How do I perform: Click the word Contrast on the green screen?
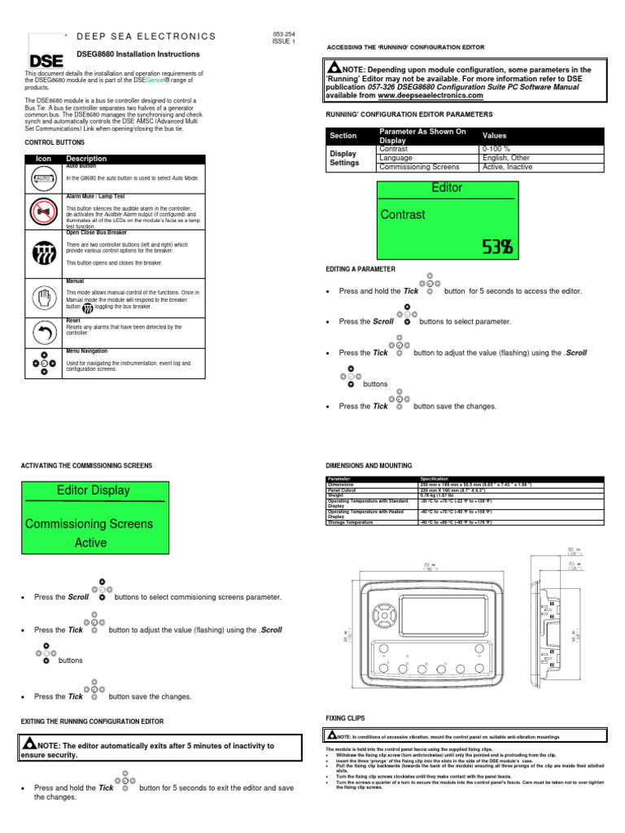(403, 215)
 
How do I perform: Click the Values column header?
(496, 135)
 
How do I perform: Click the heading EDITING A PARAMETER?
(360, 268)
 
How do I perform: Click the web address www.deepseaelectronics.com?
(435, 95)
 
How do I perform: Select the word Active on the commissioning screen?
(90, 543)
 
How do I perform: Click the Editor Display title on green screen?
(94, 490)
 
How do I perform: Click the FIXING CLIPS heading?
(345, 718)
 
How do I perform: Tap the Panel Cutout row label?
(342, 491)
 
